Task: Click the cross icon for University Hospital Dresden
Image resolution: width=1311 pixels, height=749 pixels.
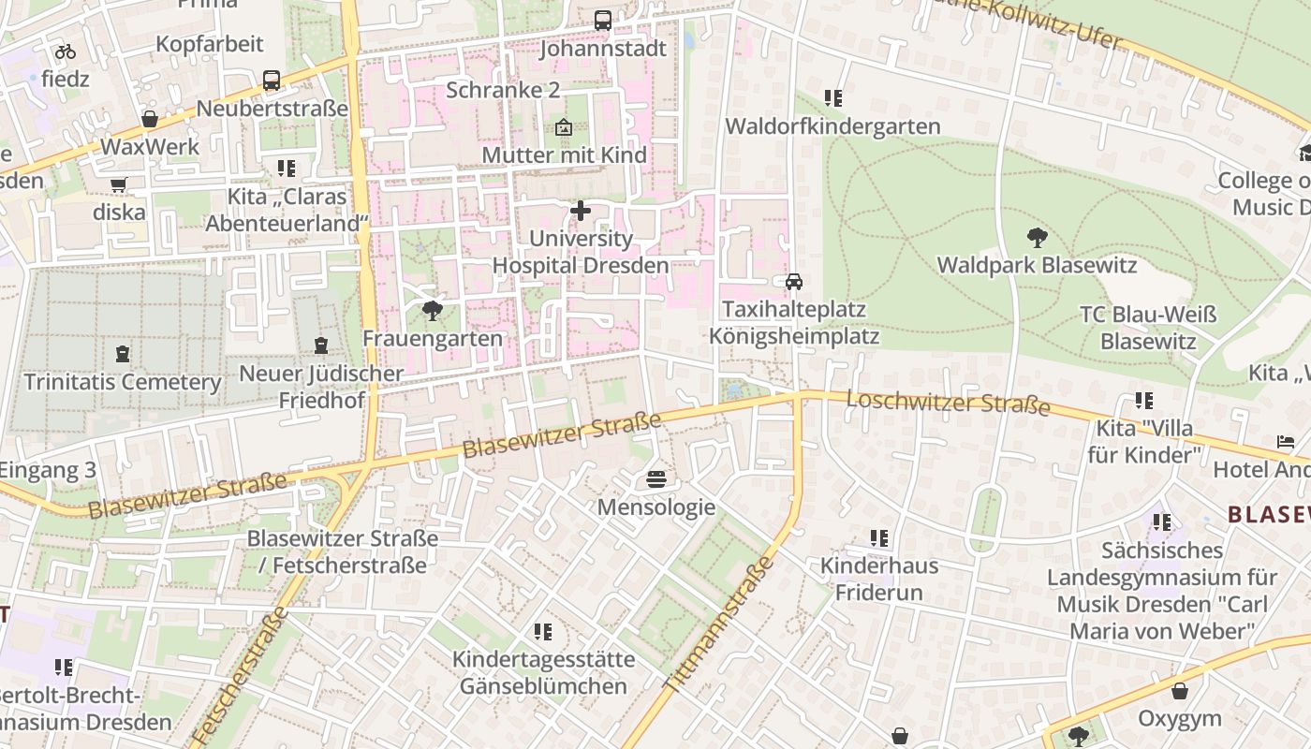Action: [x=581, y=211]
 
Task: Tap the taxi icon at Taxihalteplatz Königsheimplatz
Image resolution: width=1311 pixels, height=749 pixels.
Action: [x=793, y=282]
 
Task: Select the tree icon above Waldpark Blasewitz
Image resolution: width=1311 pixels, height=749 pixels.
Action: [x=1037, y=238]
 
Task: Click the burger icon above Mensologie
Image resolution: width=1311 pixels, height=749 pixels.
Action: [x=656, y=480]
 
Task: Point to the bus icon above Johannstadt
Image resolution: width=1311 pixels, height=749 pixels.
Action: [x=603, y=21]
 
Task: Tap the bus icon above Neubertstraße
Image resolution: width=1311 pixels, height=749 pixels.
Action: [x=272, y=81]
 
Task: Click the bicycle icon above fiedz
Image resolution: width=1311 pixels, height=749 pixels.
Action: [x=66, y=51]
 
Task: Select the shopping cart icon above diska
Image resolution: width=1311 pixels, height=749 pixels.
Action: [x=119, y=185]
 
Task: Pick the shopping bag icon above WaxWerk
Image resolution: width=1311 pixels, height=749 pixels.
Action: [x=149, y=119]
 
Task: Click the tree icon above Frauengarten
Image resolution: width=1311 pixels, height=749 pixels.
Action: [x=432, y=311]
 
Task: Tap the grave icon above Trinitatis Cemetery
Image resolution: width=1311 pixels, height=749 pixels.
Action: [x=123, y=355]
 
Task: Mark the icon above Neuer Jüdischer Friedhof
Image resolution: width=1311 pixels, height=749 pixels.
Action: [x=321, y=345]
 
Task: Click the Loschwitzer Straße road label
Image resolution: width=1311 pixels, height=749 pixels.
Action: [x=948, y=403]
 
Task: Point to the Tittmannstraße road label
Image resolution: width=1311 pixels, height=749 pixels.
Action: [x=719, y=624]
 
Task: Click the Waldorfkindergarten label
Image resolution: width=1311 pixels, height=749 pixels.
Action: [x=832, y=125]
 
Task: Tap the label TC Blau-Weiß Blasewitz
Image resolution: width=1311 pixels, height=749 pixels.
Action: [x=1148, y=328]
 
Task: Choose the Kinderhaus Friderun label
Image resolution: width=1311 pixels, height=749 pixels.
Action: [x=878, y=579]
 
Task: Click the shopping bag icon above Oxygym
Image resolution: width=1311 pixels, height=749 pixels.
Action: [x=1180, y=691]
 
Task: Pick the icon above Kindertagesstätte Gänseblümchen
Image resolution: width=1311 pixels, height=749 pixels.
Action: [x=543, y=632]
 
